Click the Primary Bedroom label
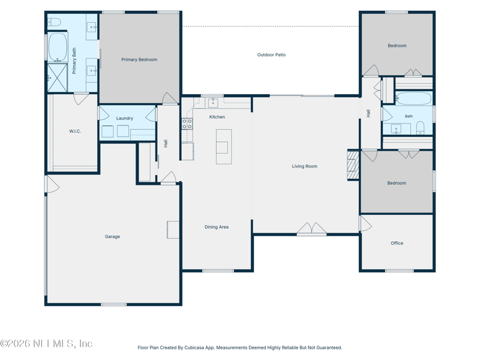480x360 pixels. [139, 59]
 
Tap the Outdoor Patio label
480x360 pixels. [271, 55]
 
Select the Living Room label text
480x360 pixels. [304, 166]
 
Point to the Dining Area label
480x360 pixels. [217, 227]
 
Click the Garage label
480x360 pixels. [112, 236]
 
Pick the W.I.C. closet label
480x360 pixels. [75, 131]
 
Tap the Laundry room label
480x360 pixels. [125, 118]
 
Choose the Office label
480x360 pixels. [397, 243]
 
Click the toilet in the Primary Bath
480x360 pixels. [55, 22]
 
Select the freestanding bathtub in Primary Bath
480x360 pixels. [58, 47]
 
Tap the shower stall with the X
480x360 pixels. [57, 77]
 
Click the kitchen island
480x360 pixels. [224, 146]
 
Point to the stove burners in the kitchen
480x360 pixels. [187, 124]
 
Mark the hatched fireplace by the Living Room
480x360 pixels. [353, 165]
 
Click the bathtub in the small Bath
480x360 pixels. [413, 98]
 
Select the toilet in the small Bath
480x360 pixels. [421, 128]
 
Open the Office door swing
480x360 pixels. [365, 224]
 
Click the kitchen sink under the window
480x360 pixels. [213, 103]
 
